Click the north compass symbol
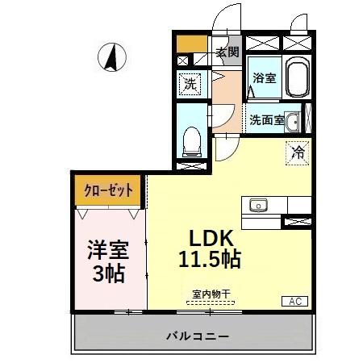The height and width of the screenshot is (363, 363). point(115,58)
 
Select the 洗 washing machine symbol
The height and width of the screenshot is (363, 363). point(190,83)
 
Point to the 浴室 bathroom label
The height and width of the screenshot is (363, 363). point(264,78)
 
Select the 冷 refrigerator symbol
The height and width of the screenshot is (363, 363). point(297,151)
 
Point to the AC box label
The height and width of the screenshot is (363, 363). point(294,301)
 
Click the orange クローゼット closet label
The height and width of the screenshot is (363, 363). point(108,192)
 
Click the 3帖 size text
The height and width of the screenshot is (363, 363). point(106,273)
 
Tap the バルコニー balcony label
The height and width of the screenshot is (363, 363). point(198,335)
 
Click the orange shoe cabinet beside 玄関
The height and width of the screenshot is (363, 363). point(190,44)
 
